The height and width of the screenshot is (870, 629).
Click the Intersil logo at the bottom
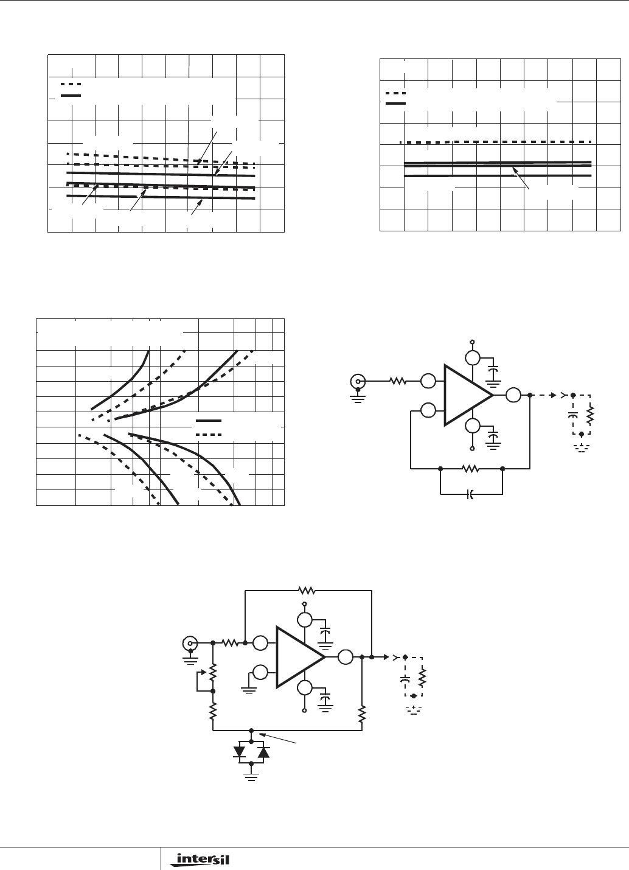tap(200, 860)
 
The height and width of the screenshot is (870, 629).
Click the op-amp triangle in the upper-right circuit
tap(468, 395)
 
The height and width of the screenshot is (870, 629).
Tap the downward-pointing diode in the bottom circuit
tap(239, 752)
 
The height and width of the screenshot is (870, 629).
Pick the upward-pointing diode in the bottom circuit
tap(263, 752)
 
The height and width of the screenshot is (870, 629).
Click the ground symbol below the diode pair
tap(251, 777)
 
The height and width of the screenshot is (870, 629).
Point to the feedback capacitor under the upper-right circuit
tap(470, 494)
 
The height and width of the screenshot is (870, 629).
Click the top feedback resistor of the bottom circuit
tap(306, 591)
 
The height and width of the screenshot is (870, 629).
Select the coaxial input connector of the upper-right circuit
tap(358, 381)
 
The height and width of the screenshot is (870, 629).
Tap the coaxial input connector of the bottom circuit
tap(190, 643)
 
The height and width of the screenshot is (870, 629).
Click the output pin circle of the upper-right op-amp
tap(513, 395)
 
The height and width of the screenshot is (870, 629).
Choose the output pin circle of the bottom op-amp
tap(346, 657)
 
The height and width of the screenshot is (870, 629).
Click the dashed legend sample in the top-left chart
tap(71, 84)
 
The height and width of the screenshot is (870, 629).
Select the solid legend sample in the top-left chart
tap(71, 95)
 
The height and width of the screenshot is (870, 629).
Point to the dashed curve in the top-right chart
tap(496, 142)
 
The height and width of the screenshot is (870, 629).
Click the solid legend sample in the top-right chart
tap(395, 103)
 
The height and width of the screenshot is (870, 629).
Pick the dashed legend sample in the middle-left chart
tap(209, 435)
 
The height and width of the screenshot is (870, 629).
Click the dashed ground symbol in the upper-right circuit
tap(582, 449)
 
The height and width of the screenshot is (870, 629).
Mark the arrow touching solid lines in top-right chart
tap(521, 178)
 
